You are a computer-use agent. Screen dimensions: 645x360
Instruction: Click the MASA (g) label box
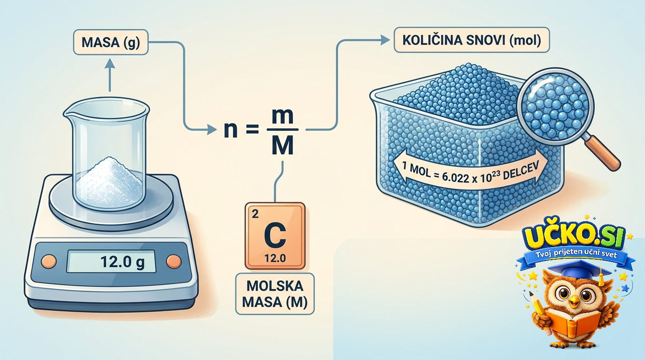click(x=111, y=42)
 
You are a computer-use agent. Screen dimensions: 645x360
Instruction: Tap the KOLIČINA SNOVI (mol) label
click(x=472, y=40)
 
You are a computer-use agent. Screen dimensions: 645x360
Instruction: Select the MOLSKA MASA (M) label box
click(x=275, y=294)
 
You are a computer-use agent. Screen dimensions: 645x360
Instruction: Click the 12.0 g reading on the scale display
click(x=122, y=262)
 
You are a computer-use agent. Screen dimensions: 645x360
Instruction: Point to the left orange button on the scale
click(x=49, y=261)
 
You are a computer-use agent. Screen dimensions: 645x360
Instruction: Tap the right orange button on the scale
click(x=174, y=261)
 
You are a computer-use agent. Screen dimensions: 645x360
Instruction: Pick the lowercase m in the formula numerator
click(x=283, y=116)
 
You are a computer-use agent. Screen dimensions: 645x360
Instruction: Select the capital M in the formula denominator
click(x=283, y=145)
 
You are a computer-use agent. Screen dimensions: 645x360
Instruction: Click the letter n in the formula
click(x=231, y=130)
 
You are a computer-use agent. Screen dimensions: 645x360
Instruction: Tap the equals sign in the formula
click(x=253, y=130)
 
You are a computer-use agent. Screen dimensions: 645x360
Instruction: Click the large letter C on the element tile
click(x=275, y=236)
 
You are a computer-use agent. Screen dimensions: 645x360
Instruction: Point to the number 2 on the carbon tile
click(x=255, y=214)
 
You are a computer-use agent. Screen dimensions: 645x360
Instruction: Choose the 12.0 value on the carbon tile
click(x=275, y=258)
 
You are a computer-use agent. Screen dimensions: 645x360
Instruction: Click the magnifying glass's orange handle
click(x=602, y=153)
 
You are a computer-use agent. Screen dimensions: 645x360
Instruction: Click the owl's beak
click(x=574, y=301)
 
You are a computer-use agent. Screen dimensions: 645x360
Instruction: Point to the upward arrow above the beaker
click(x=110, y=75)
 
